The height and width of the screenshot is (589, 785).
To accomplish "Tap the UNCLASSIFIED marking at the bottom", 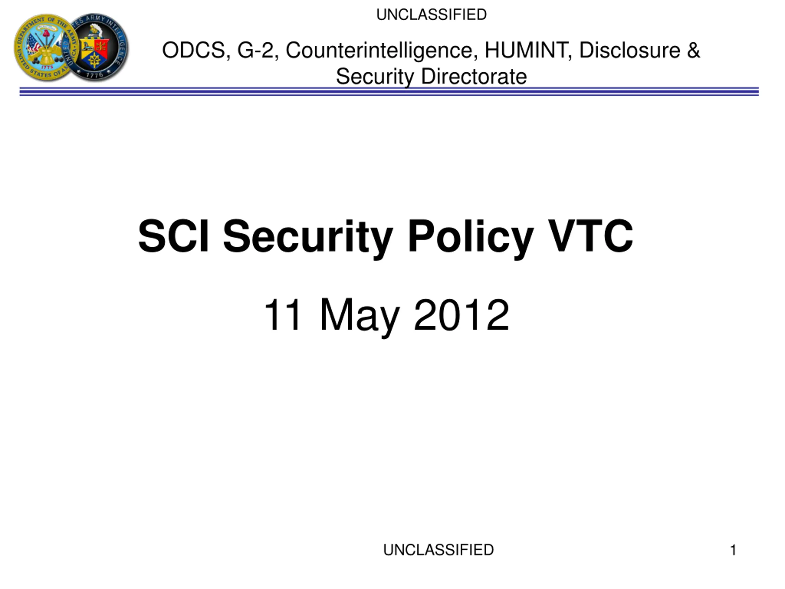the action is (x=438, y=550).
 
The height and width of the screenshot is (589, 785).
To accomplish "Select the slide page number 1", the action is (x=733, y=550).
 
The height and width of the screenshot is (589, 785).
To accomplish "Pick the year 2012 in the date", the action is (x=461, y=315).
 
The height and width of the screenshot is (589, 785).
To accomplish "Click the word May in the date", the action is (x=360, y=318).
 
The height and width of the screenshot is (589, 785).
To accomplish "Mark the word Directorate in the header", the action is (x=474, y=76).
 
